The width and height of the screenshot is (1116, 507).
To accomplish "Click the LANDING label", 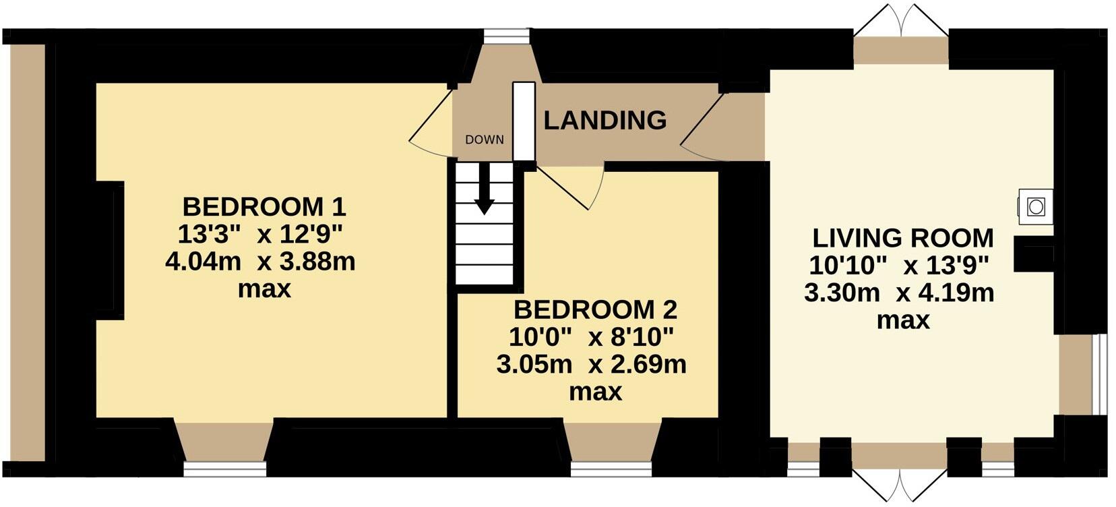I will (x=604, y=121).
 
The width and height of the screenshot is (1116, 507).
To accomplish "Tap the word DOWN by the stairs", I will (x=484, y=140).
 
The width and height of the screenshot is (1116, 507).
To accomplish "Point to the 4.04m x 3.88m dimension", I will (x=260, y=261).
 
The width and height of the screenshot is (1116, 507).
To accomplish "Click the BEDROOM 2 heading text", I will (x=594, y=310).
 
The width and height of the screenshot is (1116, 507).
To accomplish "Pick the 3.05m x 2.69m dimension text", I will (x=591, y=365).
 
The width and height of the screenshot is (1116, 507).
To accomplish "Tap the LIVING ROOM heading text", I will (x=902, y=238).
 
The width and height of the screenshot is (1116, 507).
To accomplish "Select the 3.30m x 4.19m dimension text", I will (x=899, y=293).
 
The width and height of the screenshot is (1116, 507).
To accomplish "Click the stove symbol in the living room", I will (x=1035, y=206).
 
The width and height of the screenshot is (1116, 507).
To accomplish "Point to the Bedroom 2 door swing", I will (x=573, y=185).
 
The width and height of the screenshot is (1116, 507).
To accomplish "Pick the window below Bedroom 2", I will (x=611, y=468).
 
